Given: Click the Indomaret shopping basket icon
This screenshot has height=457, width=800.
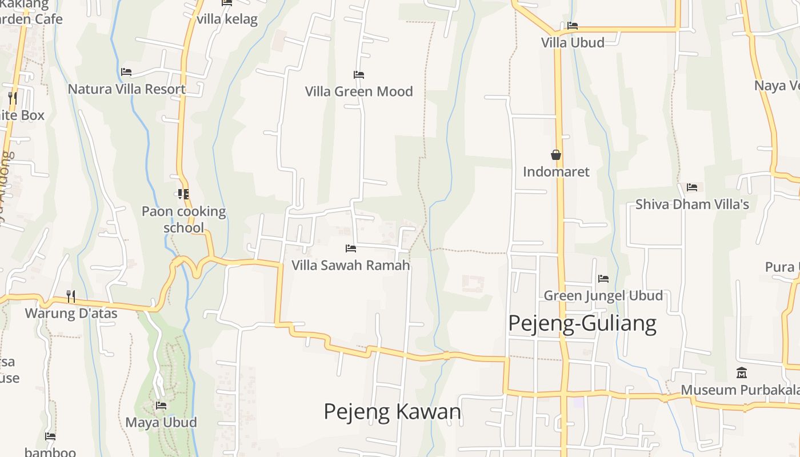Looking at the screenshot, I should tap(555, 155).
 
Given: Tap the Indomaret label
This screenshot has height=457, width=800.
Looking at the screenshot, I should tap(556, 172).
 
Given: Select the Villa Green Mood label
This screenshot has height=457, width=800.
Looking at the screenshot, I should tap(359, 91).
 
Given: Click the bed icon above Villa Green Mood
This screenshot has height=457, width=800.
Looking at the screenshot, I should tap(359, 75).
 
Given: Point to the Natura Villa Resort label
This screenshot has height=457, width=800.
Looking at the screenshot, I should tap(126, 89).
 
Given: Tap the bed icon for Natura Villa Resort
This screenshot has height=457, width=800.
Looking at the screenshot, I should tap(126, 72).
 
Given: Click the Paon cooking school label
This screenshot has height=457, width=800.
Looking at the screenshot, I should tap(183, 219).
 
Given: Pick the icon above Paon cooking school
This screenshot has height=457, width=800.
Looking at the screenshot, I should tap(183, 194).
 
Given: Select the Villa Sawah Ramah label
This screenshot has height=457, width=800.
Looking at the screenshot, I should tap(351, 265).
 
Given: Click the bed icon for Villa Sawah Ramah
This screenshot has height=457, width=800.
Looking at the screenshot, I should tap(351, 248).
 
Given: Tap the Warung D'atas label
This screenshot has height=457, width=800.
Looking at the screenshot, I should tap(71, 313).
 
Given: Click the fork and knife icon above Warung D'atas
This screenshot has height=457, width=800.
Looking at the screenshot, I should tap(71, 296).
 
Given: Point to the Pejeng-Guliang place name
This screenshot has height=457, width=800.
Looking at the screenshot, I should tap(582, 323).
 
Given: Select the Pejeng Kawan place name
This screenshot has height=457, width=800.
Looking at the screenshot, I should tap(392, 411).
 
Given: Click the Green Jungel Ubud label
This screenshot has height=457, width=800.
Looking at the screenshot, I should tap(603, 295).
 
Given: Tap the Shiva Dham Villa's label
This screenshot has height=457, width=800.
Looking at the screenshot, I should tap(692, 204).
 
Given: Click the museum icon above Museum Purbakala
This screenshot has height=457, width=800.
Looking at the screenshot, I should tap(742, 373).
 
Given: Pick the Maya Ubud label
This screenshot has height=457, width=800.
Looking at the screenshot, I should tap(161, 422).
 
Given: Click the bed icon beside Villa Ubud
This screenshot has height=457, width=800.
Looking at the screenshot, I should tap(573, 26).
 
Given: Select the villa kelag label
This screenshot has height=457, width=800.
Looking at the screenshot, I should tap(227, 19).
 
